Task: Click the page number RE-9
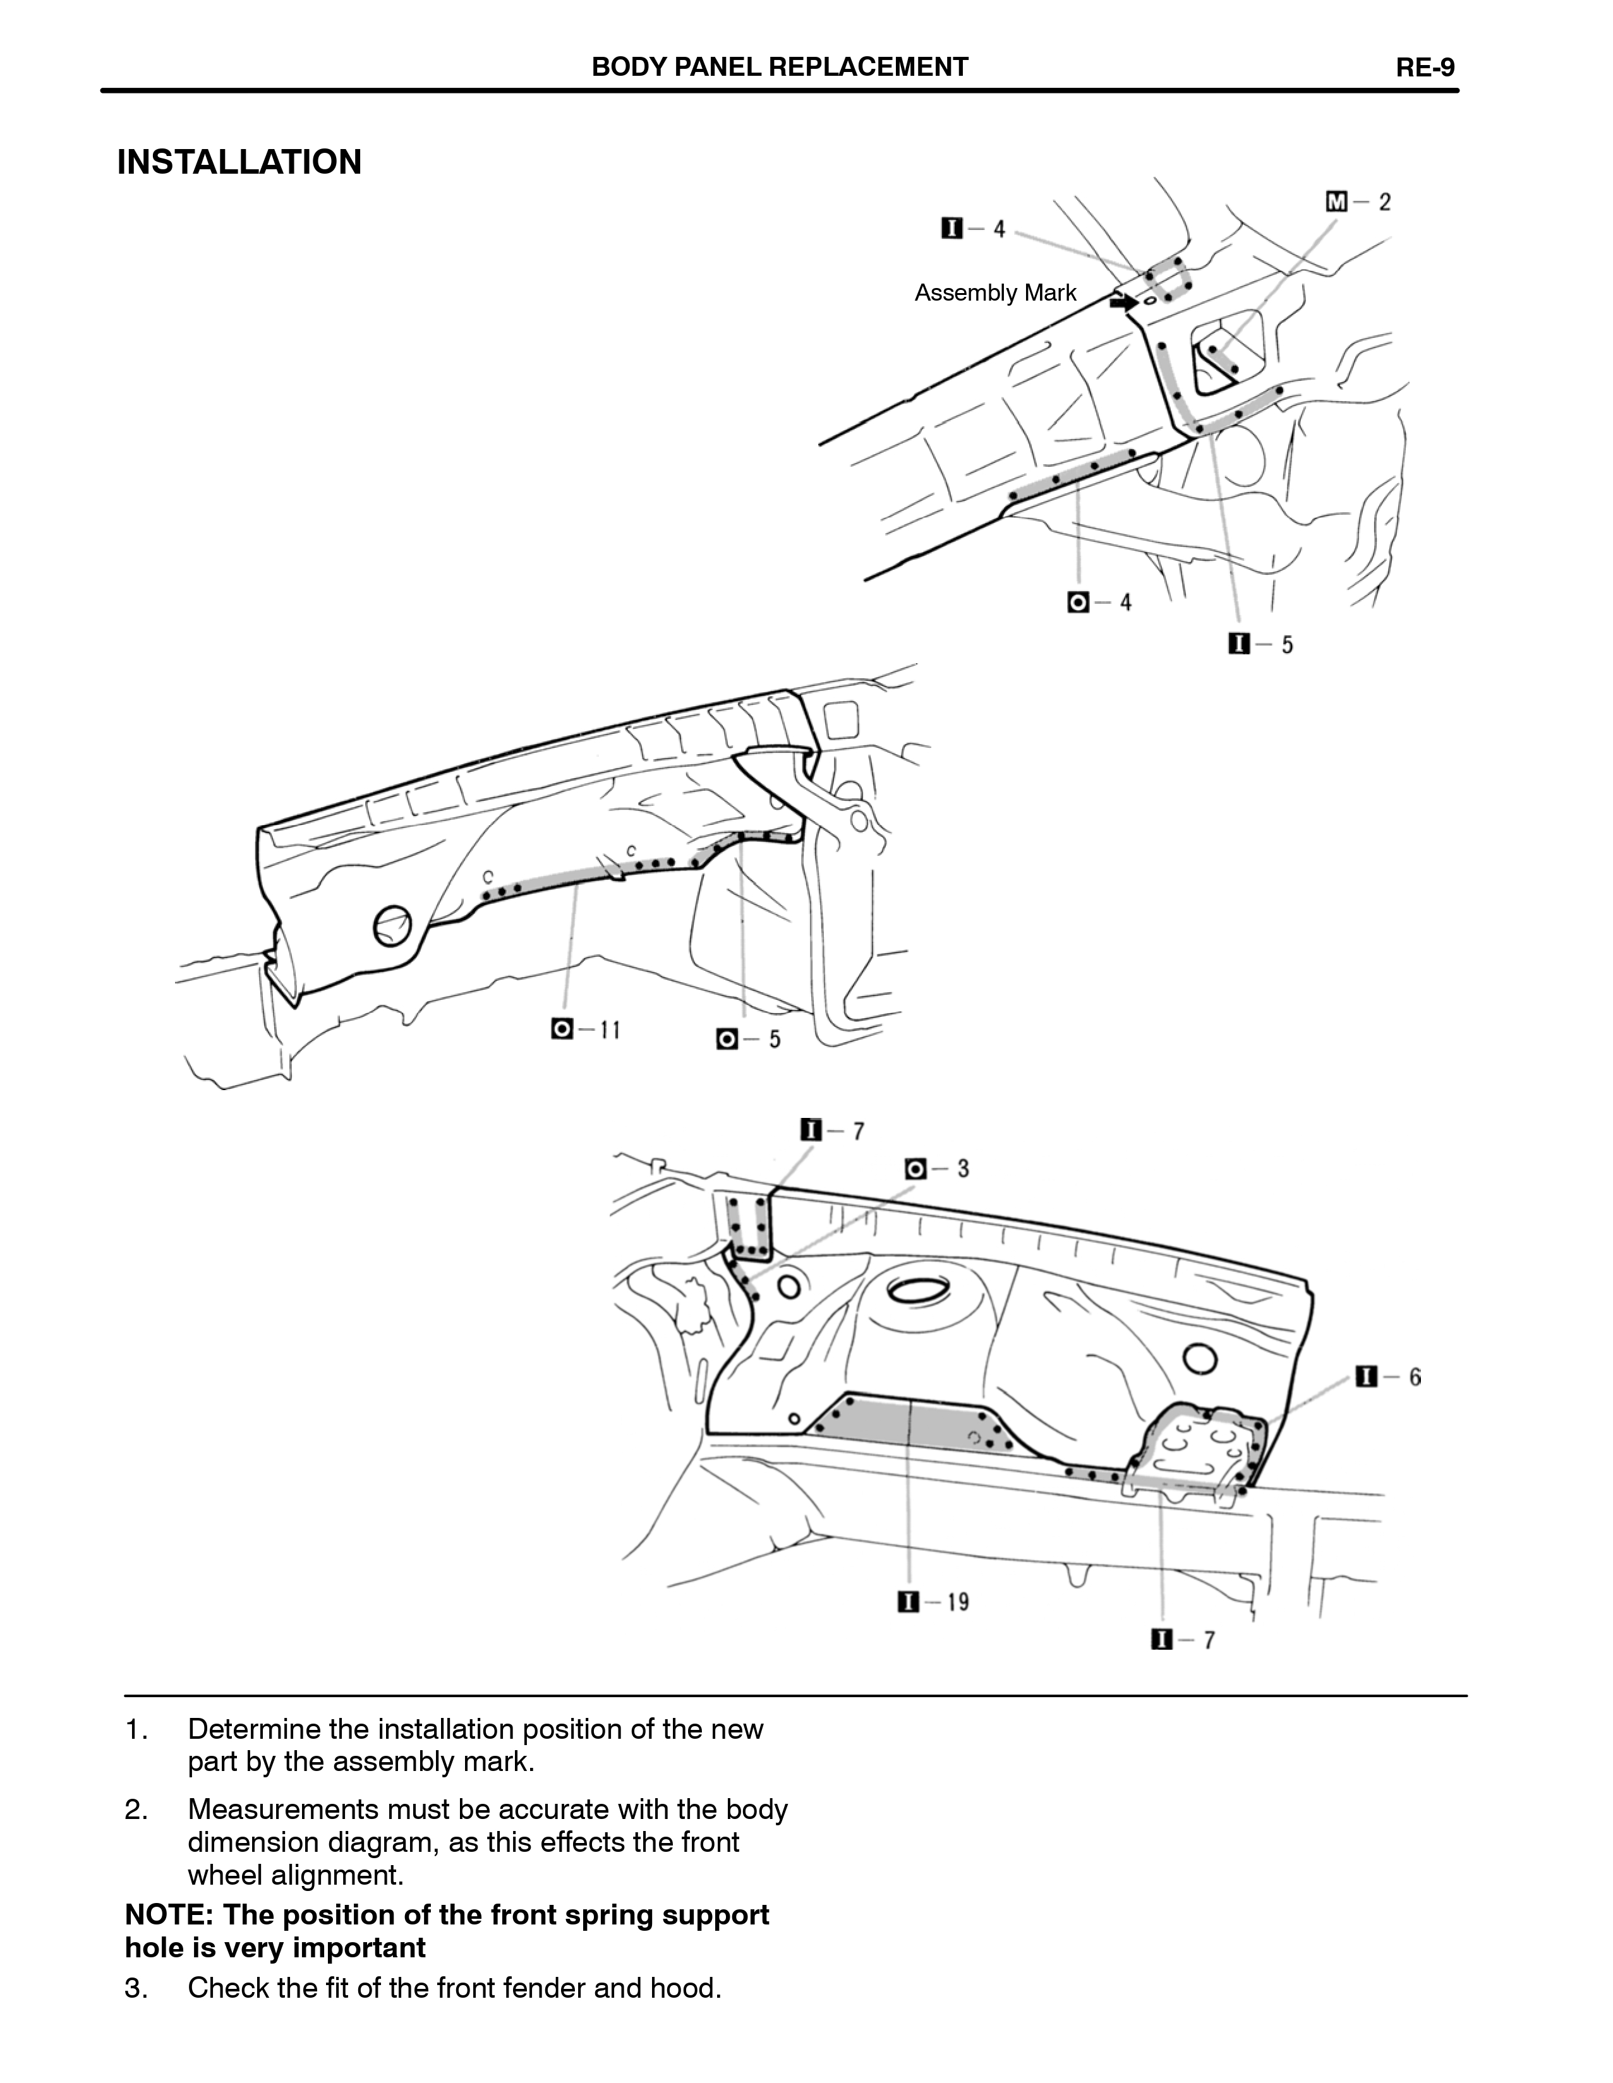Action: point(1425,68)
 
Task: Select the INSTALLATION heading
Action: point(239,162)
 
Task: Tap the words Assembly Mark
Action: point(995,293)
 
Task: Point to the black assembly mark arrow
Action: point(1123,301)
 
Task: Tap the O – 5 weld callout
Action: point(749,1038)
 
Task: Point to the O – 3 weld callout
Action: point(937,1168)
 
